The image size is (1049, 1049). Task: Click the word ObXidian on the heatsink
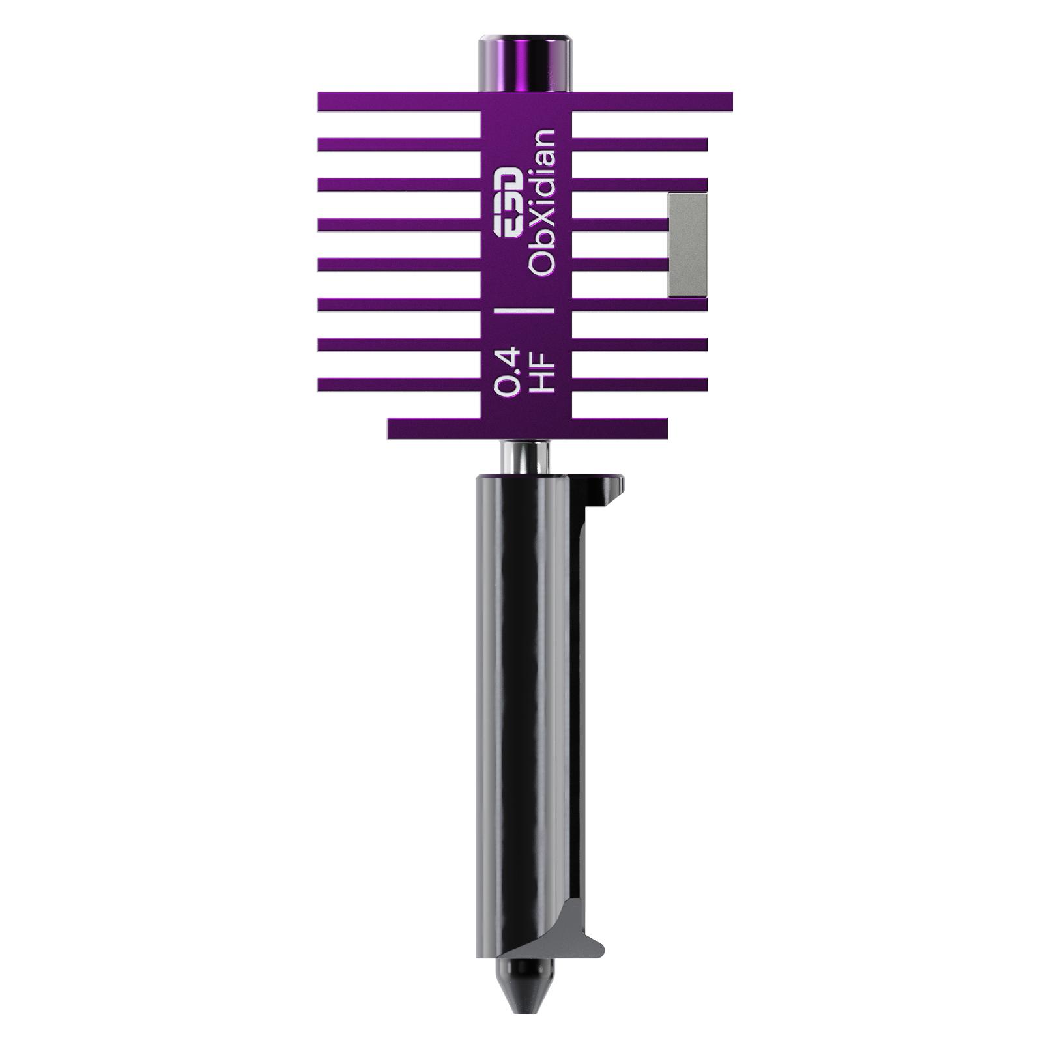(x=543, y=203)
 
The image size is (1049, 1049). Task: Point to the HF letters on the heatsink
(x=543, y=372)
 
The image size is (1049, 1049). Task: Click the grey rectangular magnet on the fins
(x=687, y=246)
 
